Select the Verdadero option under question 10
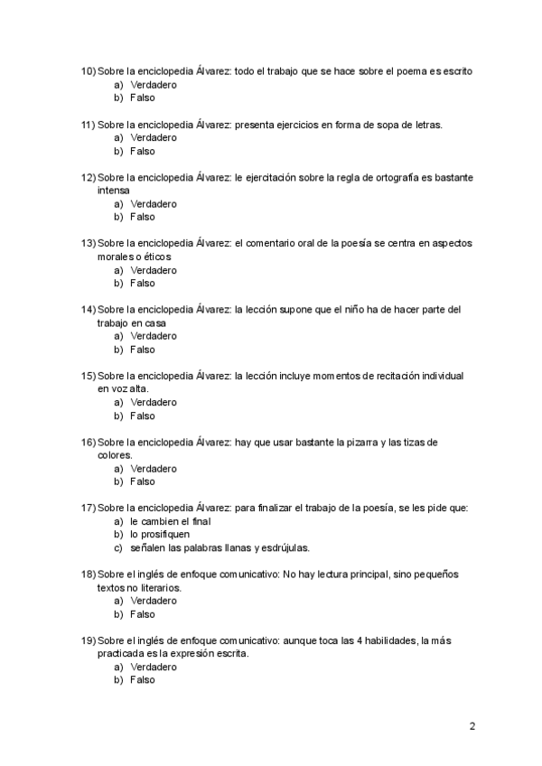pyautogui.click(x=153, y=84)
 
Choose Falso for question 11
pyautogui.click(x=142, y=151)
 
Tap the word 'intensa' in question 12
pyautogui.click(x=113, y=191)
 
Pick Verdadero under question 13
pyautogui.click(x=153, y=270)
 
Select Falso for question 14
pyautogui.click(x=142, y=350)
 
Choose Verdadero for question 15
pyautogui.click(x=153, y=403)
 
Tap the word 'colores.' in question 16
pyautogui.click(x=116, y=455)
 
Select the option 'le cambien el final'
pyautogui.click(x=170, y=522)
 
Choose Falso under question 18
pyautogui.click(x=142, y=614)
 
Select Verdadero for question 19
pyautogui.click(x=153, y=668)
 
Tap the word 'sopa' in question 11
pyautogui.click(x=376, y=124)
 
